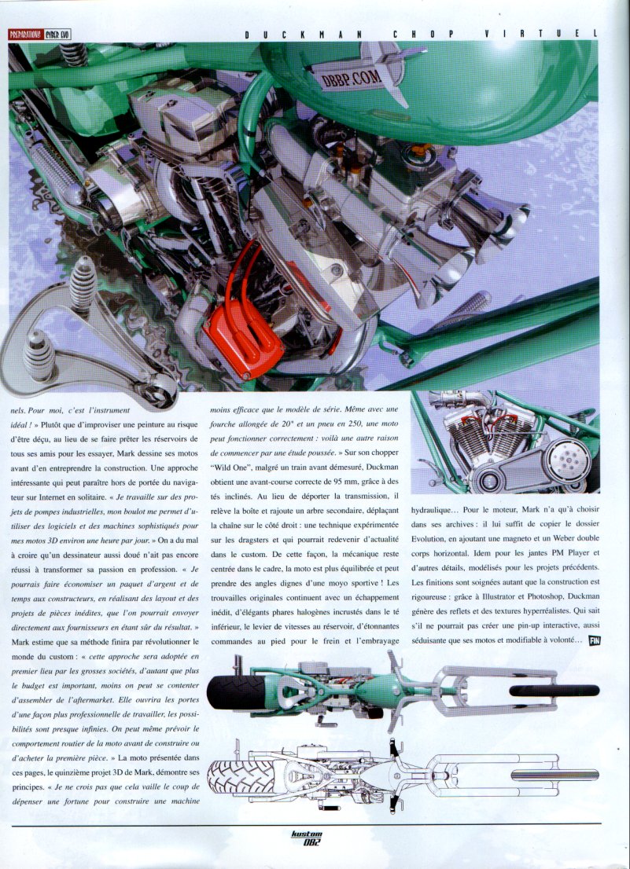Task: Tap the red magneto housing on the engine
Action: (244, 339)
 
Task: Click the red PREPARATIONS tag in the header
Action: (25, 35)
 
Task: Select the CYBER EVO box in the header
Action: (57, 35)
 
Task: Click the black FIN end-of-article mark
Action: (595, 640)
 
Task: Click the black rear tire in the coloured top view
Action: (230, 693)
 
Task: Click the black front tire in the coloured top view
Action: (554, 691)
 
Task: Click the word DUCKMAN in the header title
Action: (304, 35)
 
